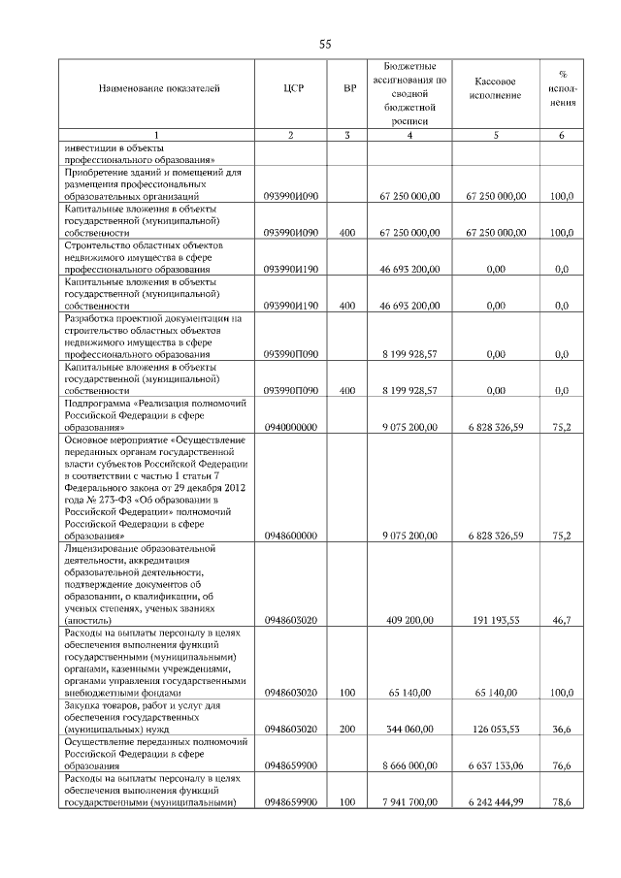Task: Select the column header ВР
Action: pyautogui.click(x=348, y=89)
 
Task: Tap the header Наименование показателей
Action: pyautogui.click(x=158, y=89)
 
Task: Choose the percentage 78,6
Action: pyautogui.click(x=561, y=802)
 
